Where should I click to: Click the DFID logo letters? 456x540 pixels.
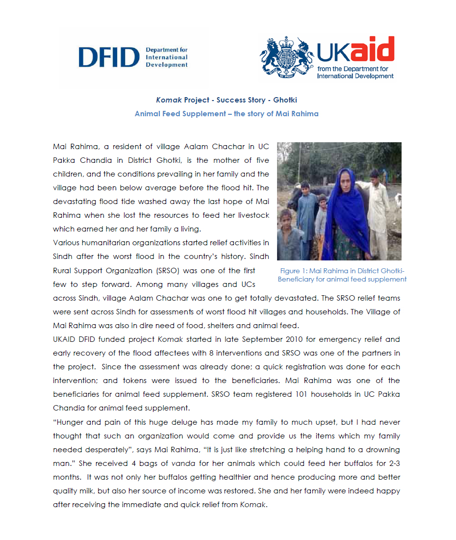[109, 58]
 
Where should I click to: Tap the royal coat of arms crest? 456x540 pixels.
[286, 58]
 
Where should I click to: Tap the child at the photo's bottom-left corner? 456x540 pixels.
[287, 235]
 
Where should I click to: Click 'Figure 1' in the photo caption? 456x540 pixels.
[293, 271]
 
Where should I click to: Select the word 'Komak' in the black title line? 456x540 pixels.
[169, 100]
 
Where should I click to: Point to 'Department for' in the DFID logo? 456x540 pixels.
[167, 50]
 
